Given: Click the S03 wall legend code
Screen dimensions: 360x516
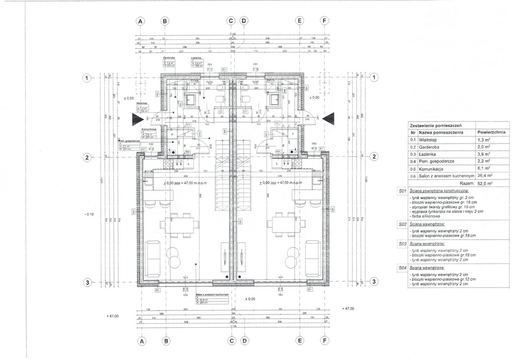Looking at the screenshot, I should pos(402,244).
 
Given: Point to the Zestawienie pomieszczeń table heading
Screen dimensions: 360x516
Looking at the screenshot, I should pos(437,125).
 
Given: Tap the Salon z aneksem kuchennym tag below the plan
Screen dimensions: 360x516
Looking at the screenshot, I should pos(212,296).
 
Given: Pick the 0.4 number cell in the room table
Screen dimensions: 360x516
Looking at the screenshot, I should pos(413,161).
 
